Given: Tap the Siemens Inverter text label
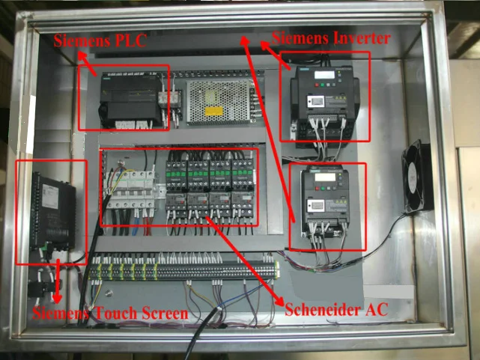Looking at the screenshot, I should [330, 37].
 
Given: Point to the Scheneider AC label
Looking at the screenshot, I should [336, 308].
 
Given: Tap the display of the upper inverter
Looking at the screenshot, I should [324, 75].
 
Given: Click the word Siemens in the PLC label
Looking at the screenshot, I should [79, 41].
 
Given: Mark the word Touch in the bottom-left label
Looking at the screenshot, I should [117, 313].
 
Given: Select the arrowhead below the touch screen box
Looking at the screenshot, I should [58, 296].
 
